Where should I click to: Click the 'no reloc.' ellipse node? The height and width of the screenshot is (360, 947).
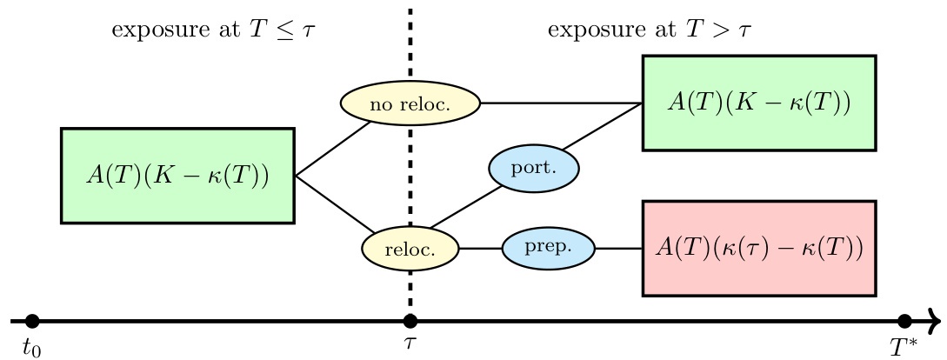410,103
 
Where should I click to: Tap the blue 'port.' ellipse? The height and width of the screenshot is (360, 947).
533,168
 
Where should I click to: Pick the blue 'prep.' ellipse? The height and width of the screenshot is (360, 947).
549,248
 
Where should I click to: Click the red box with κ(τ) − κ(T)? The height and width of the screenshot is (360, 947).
758,249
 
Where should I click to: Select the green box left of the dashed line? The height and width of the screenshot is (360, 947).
177,176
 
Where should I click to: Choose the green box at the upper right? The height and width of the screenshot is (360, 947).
758,103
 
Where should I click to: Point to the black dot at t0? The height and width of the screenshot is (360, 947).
33,321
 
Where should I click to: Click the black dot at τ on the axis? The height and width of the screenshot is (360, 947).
410,321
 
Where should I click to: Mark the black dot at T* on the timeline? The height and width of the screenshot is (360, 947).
904,321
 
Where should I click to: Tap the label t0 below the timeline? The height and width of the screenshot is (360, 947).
32,348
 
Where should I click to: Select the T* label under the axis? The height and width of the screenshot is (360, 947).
904,347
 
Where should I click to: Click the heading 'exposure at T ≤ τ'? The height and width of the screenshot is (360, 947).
214,31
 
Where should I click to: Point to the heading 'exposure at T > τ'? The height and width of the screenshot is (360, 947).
650,31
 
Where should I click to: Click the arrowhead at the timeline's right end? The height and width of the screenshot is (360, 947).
936,321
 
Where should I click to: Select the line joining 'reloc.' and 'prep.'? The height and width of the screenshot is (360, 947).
480,249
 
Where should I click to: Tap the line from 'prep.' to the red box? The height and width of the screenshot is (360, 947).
618,249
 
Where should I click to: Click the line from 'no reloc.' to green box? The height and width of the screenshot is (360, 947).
561,103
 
